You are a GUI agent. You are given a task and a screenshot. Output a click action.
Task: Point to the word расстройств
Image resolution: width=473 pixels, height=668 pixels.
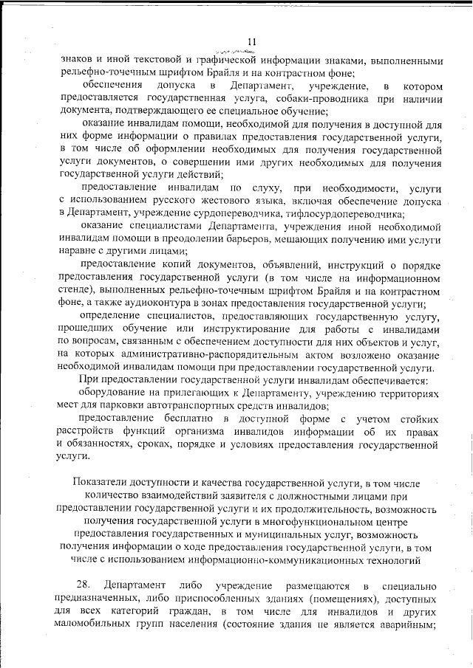[93, 432]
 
